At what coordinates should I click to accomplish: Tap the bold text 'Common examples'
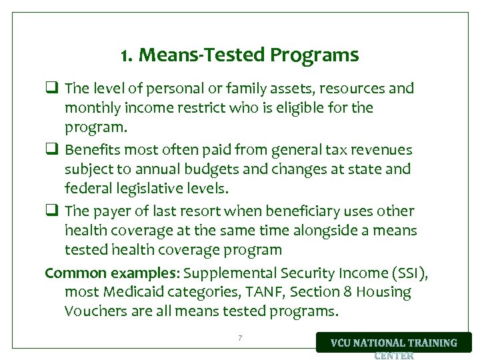111,273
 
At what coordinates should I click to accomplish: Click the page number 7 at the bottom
240,339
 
